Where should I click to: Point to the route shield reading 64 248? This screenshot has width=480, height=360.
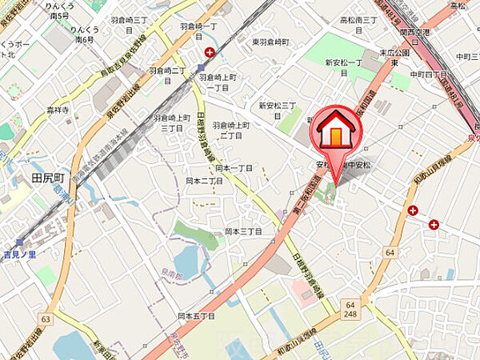pos(350,309)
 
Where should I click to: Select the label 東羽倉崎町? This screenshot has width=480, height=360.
pos(270,42)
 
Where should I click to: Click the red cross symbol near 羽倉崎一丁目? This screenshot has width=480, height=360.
pos(209,53)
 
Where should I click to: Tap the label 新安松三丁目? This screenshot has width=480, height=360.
pos(278,105)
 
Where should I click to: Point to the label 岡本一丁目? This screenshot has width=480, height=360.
pos(234,168)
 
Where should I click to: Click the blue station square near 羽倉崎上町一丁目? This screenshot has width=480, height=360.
pos(198,68)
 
